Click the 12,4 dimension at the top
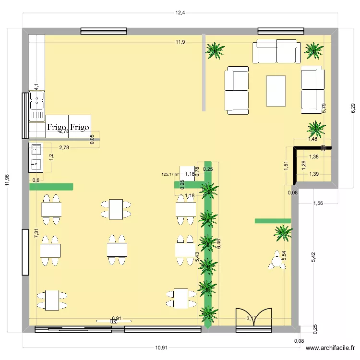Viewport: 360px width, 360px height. pos(180,13)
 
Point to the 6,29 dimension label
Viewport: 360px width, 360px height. pos(353,108)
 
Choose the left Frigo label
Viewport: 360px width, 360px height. pos(57,128)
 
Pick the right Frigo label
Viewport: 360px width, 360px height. pos(80,128)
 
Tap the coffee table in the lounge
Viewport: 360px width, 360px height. pos(276,91)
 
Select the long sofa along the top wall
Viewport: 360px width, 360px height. pos(276,52)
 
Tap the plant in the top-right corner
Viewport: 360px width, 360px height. pos(314,49)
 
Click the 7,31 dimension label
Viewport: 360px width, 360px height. pos(36,234)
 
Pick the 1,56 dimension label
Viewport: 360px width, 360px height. pos(318,204)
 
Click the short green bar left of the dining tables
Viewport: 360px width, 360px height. pos(51,187)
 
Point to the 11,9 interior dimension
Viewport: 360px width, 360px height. pos(180,42)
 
